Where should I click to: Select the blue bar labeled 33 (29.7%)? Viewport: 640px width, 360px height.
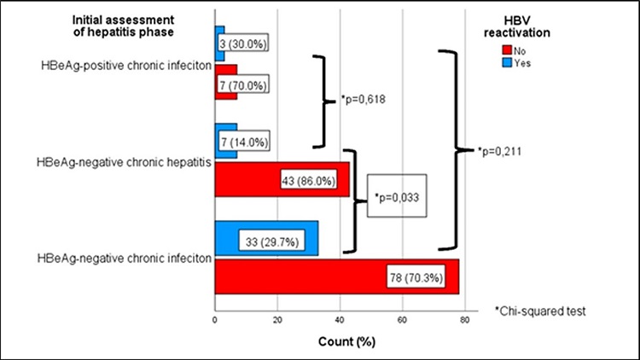point(265,238)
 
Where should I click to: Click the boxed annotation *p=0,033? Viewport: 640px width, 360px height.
point(397,198)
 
